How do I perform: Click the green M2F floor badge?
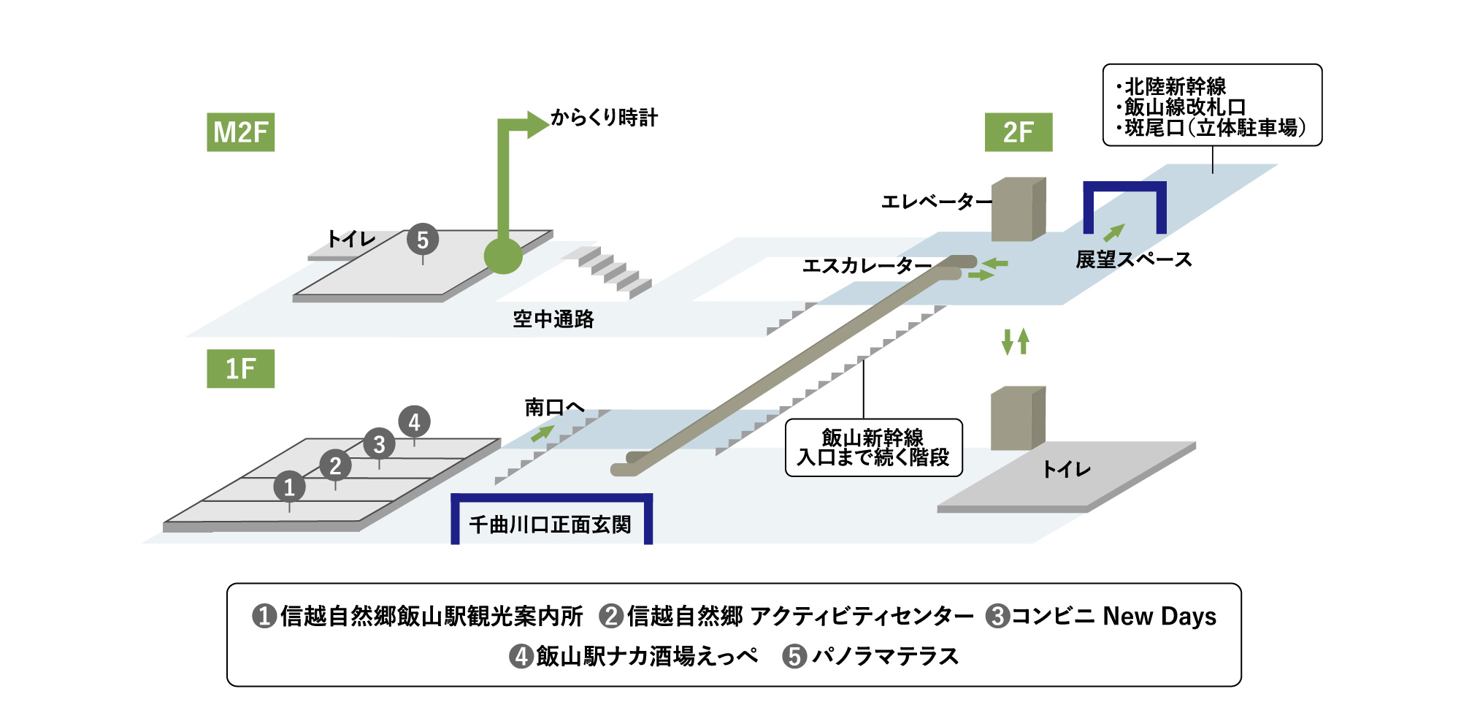coord(240,132)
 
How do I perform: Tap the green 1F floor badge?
coord(240,369)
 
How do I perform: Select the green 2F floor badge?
coord(1018,132)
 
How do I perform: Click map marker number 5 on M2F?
coord(422,240)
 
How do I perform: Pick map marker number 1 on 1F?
coord(289,487)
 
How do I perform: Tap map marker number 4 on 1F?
coord(414,422)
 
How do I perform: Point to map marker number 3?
coord(379,443)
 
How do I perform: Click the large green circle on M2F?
coord(503,256)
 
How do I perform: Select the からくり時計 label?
coord(604,118)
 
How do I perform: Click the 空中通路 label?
coord(553,319)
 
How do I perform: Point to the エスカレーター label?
coord(866,265)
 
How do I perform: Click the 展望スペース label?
coord(1133,259)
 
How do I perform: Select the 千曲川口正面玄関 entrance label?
coord(551,525)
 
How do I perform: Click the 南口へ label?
coord(554,407)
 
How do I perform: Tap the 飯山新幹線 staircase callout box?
coord(873,447)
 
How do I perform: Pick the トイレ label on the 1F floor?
coord(1066,469)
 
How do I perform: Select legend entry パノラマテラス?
coord(884,656)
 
